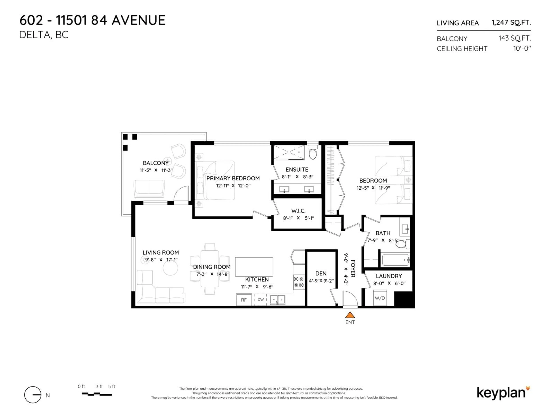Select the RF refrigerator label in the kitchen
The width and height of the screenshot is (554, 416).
click(x=244, y=300)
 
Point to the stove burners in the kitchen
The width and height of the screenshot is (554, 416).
click(x=298, y=282)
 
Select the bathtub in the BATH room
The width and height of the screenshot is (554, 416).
click(x=395, y=260)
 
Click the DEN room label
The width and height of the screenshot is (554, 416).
click(x=321, y=274)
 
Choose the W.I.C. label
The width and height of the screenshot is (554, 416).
click(x=298, y=211)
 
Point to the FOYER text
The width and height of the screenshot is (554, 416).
click(x=353, y=269)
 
